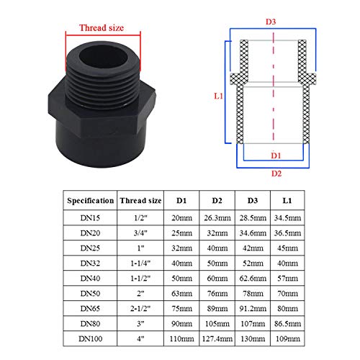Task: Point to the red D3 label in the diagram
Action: (x=271, y=22)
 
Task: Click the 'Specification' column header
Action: (x=90, y=200)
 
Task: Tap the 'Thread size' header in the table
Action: (x=140, y=200)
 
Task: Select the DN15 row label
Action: (x=90, y=217)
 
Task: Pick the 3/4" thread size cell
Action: (x=140, y=231)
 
